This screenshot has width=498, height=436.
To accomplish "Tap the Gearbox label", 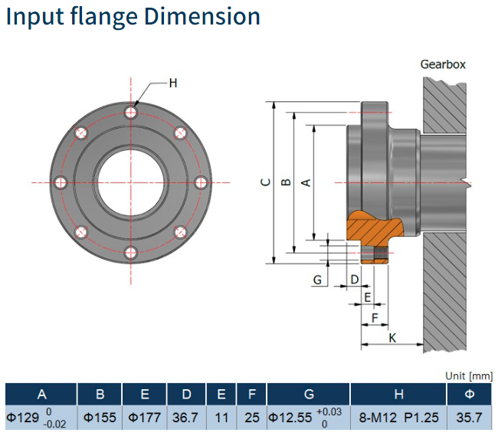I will pos(442,64).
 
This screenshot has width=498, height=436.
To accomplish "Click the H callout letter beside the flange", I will pos(172,83).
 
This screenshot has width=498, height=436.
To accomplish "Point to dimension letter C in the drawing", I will pos(265,182).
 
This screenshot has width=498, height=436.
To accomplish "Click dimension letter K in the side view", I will pos(392,337).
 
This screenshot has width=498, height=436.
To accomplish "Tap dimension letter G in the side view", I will pos(317,280).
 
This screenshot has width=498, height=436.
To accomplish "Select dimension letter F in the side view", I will pos(375,316).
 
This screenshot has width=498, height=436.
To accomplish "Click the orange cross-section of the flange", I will pos(373,228).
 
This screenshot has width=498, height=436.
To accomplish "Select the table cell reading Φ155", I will pos(100,418).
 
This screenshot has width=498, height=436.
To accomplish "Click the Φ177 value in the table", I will pos(144,418).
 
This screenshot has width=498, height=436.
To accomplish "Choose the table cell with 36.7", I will pos(186,418).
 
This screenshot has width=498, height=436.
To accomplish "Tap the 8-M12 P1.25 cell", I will pos(398,418).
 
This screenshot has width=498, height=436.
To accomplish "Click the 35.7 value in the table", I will pos(469,418).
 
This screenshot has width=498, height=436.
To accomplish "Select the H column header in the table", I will pos(398,395).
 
